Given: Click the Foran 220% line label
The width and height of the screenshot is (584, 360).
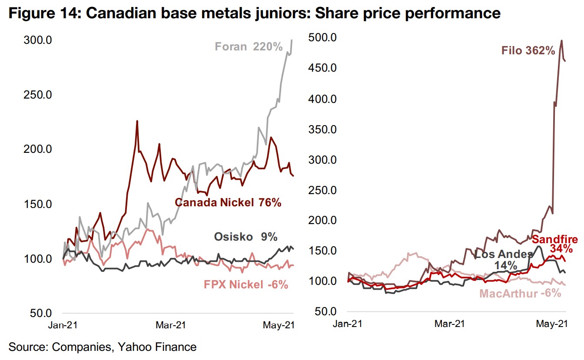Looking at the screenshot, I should pos(249,46).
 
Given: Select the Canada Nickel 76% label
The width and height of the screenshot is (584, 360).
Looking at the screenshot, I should pos(228,202).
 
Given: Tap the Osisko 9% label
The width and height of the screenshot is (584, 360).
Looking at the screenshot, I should pos(246,237).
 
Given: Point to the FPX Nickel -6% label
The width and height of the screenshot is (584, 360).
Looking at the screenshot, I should pos(246,284).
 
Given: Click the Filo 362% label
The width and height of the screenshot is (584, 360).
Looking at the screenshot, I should pos(528,51).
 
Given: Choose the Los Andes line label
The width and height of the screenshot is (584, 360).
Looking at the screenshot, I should pos(503,259).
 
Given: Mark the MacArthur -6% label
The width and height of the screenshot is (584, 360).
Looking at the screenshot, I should pos(520,294).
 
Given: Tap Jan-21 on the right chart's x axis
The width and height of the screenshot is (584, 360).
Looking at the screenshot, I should pos(348,324).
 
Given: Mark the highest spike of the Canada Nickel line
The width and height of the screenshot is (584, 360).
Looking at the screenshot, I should pos(137,121).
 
